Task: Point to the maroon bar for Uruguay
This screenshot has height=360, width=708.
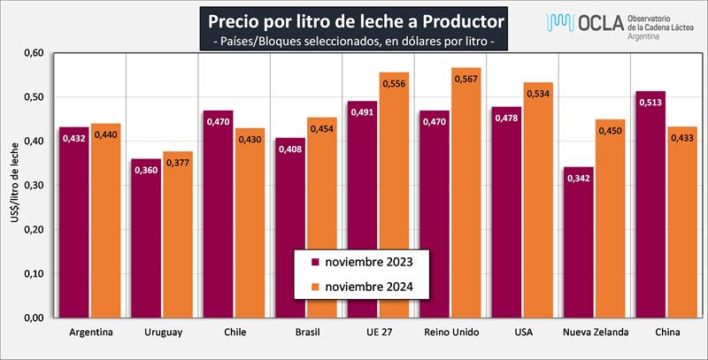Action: click(x=147, y=239)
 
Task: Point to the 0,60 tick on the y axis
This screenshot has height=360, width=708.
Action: click(x=33, y=53)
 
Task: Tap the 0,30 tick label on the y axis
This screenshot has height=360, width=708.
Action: click(x=33, y=186)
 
